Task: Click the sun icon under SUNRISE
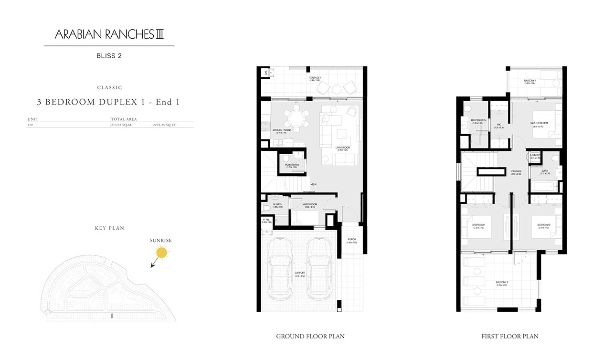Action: point(162,253)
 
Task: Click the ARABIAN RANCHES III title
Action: point(109,34)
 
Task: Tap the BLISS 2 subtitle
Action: point(109,56)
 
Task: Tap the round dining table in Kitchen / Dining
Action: point(296,117)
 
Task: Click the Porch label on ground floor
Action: point(351,240)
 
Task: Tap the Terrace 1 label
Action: point(315,78)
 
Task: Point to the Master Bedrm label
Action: point(539,123)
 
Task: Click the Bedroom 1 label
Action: point(478,225)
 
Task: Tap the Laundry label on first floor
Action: point(535,155)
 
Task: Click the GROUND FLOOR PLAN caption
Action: point(310,337)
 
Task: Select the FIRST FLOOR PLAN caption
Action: point(510,337)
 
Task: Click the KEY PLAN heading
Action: point(109,228)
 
